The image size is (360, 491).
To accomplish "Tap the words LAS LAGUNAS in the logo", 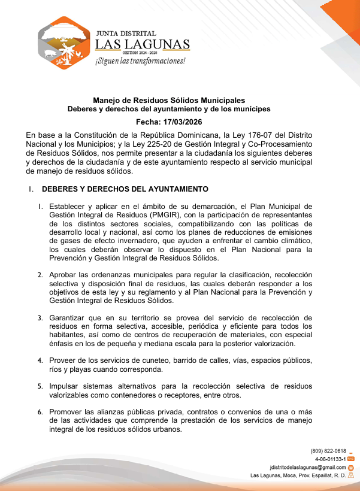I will click(x=143, y=44).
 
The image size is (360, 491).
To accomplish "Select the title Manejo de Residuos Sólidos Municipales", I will click(x=169, y=101).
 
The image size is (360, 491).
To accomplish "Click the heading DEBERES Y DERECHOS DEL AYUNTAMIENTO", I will click(x=125, y=189).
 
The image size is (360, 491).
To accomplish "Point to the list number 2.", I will click(x=40, y=275).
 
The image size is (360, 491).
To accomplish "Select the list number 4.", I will click(x=40, y=361).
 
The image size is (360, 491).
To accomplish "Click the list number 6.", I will click(x=40, y=413).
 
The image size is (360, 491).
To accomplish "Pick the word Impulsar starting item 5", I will click(x=65, y=386).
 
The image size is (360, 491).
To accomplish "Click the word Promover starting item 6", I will click(x=67, y=412).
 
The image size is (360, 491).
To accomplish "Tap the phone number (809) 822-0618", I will click(x=328, y=451).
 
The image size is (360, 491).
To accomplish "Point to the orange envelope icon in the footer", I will click(x=351, y=467).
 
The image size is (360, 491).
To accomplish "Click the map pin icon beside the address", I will click(x=351, y=475).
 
